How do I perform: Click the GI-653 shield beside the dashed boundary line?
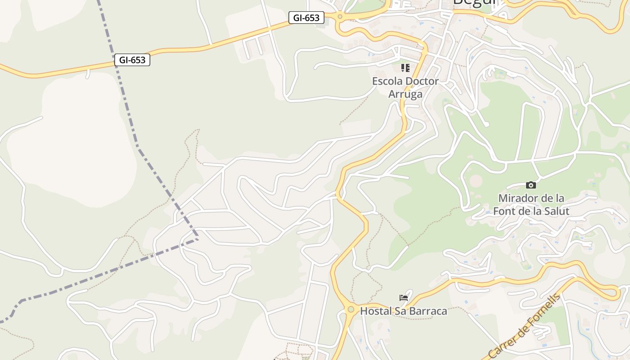[132, 60]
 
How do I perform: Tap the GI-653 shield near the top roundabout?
[306, 18]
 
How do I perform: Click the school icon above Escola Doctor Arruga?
[405, 68]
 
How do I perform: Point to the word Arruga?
[405, 94]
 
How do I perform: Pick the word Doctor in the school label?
[422, 81]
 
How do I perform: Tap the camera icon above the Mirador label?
[531, 185]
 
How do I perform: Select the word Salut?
[556, 211]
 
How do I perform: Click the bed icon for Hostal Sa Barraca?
[404, 297]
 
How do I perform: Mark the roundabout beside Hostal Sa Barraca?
[351, 309]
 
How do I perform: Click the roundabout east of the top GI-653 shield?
[340, 17]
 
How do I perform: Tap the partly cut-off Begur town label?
[474, 2]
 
